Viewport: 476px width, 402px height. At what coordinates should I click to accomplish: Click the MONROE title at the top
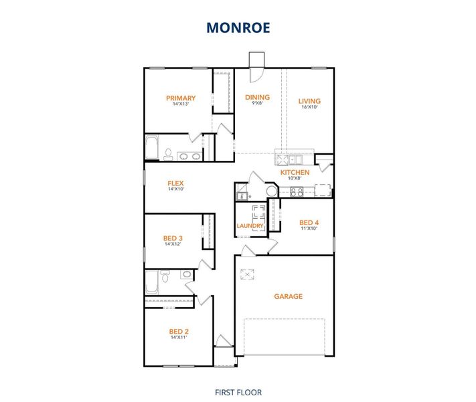point(238,27)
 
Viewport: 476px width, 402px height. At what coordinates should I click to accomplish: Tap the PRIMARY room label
point(181,98)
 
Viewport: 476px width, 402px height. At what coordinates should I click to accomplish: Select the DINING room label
point(257,97)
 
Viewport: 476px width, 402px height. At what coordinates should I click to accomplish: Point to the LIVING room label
point(309,101)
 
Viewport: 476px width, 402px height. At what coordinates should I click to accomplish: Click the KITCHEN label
point(295,172)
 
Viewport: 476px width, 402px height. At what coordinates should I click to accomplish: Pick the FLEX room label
point(175,183)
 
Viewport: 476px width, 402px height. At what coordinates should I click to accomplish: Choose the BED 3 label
point(173,238)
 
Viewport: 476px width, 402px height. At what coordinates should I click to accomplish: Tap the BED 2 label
point(179,331)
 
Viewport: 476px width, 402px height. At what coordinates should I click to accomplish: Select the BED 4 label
point(309,222)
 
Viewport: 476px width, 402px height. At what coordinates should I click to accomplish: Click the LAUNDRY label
point(250,226)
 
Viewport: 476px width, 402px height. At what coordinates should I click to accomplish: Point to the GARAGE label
point(288,296)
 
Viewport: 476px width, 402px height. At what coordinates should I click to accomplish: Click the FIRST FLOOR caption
point(238,392)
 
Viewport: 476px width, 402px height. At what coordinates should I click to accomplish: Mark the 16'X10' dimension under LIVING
point(309,107)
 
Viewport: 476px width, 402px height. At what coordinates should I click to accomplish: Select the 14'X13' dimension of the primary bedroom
point(181,104)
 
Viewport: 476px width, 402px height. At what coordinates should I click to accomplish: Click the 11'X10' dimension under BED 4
point(309,228)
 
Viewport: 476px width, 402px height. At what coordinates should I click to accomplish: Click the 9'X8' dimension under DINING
point(257,103)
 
